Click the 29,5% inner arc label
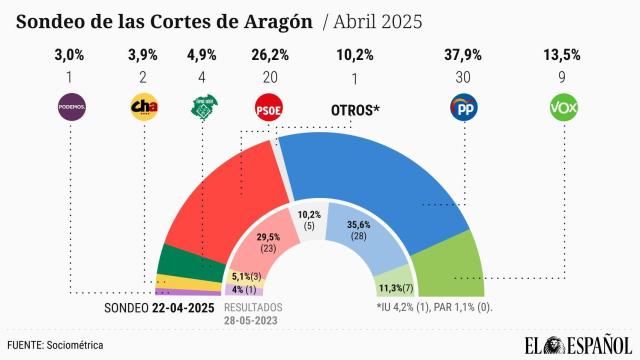tap(267, 240)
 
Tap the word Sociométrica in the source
tap(75, 344)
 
